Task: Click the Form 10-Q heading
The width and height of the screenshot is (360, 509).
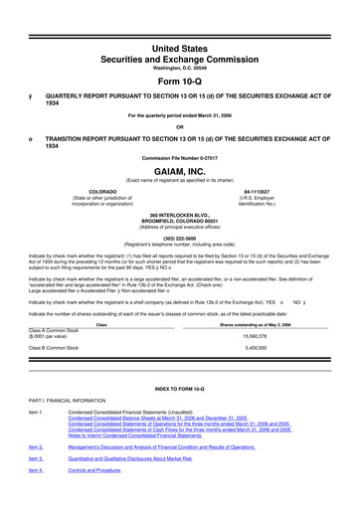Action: (179, 54)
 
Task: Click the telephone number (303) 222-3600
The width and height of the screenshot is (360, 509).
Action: (179, 237)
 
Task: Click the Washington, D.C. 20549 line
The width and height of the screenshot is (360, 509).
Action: (179, 39)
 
